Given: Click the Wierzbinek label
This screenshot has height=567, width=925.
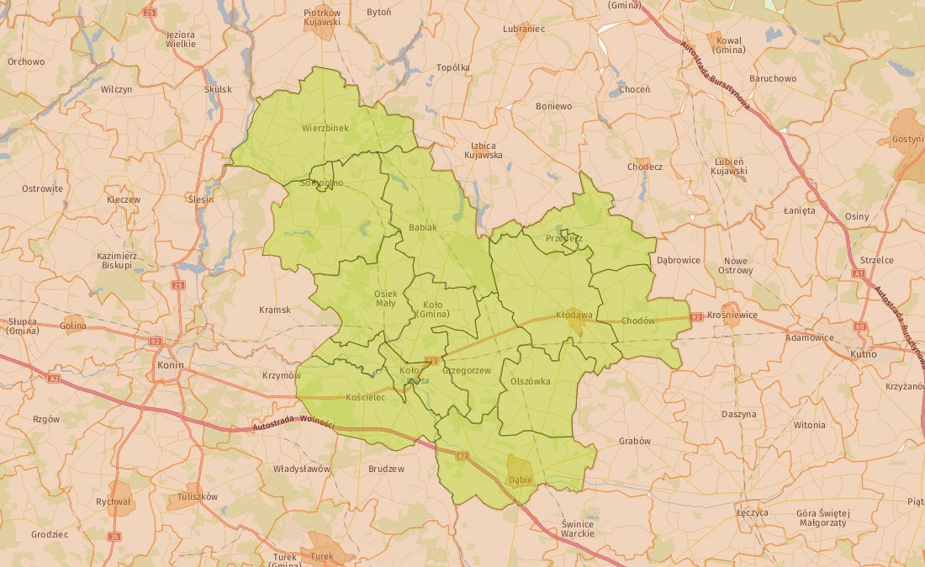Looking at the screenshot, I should (324, 129).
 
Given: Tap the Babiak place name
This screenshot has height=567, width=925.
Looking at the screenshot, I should (423, 228).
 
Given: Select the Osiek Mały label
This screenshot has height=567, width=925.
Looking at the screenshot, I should (385, 298).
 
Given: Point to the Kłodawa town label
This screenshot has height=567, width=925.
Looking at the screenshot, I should (574, 315).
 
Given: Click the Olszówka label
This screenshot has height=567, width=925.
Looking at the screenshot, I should (531, 381).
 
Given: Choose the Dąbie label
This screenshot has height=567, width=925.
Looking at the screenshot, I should (521, 480).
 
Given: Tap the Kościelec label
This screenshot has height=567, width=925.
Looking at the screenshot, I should (365, 397).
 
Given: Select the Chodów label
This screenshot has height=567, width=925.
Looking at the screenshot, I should (638, 321).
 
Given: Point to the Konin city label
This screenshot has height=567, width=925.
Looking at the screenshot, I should (171, 366).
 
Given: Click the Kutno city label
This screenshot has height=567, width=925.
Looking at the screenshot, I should (863, 354).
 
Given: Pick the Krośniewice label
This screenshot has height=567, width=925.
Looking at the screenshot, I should (732, 315).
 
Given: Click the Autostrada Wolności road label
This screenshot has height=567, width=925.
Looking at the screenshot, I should (293, 425).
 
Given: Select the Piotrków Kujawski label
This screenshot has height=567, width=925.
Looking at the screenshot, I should (322, 18).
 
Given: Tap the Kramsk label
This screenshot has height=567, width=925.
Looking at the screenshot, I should (275, 310).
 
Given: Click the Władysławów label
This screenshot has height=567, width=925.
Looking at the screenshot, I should (302, 469).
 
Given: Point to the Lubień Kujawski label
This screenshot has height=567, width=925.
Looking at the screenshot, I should (729, 166).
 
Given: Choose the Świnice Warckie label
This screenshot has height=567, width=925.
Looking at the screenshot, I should (578, 528).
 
